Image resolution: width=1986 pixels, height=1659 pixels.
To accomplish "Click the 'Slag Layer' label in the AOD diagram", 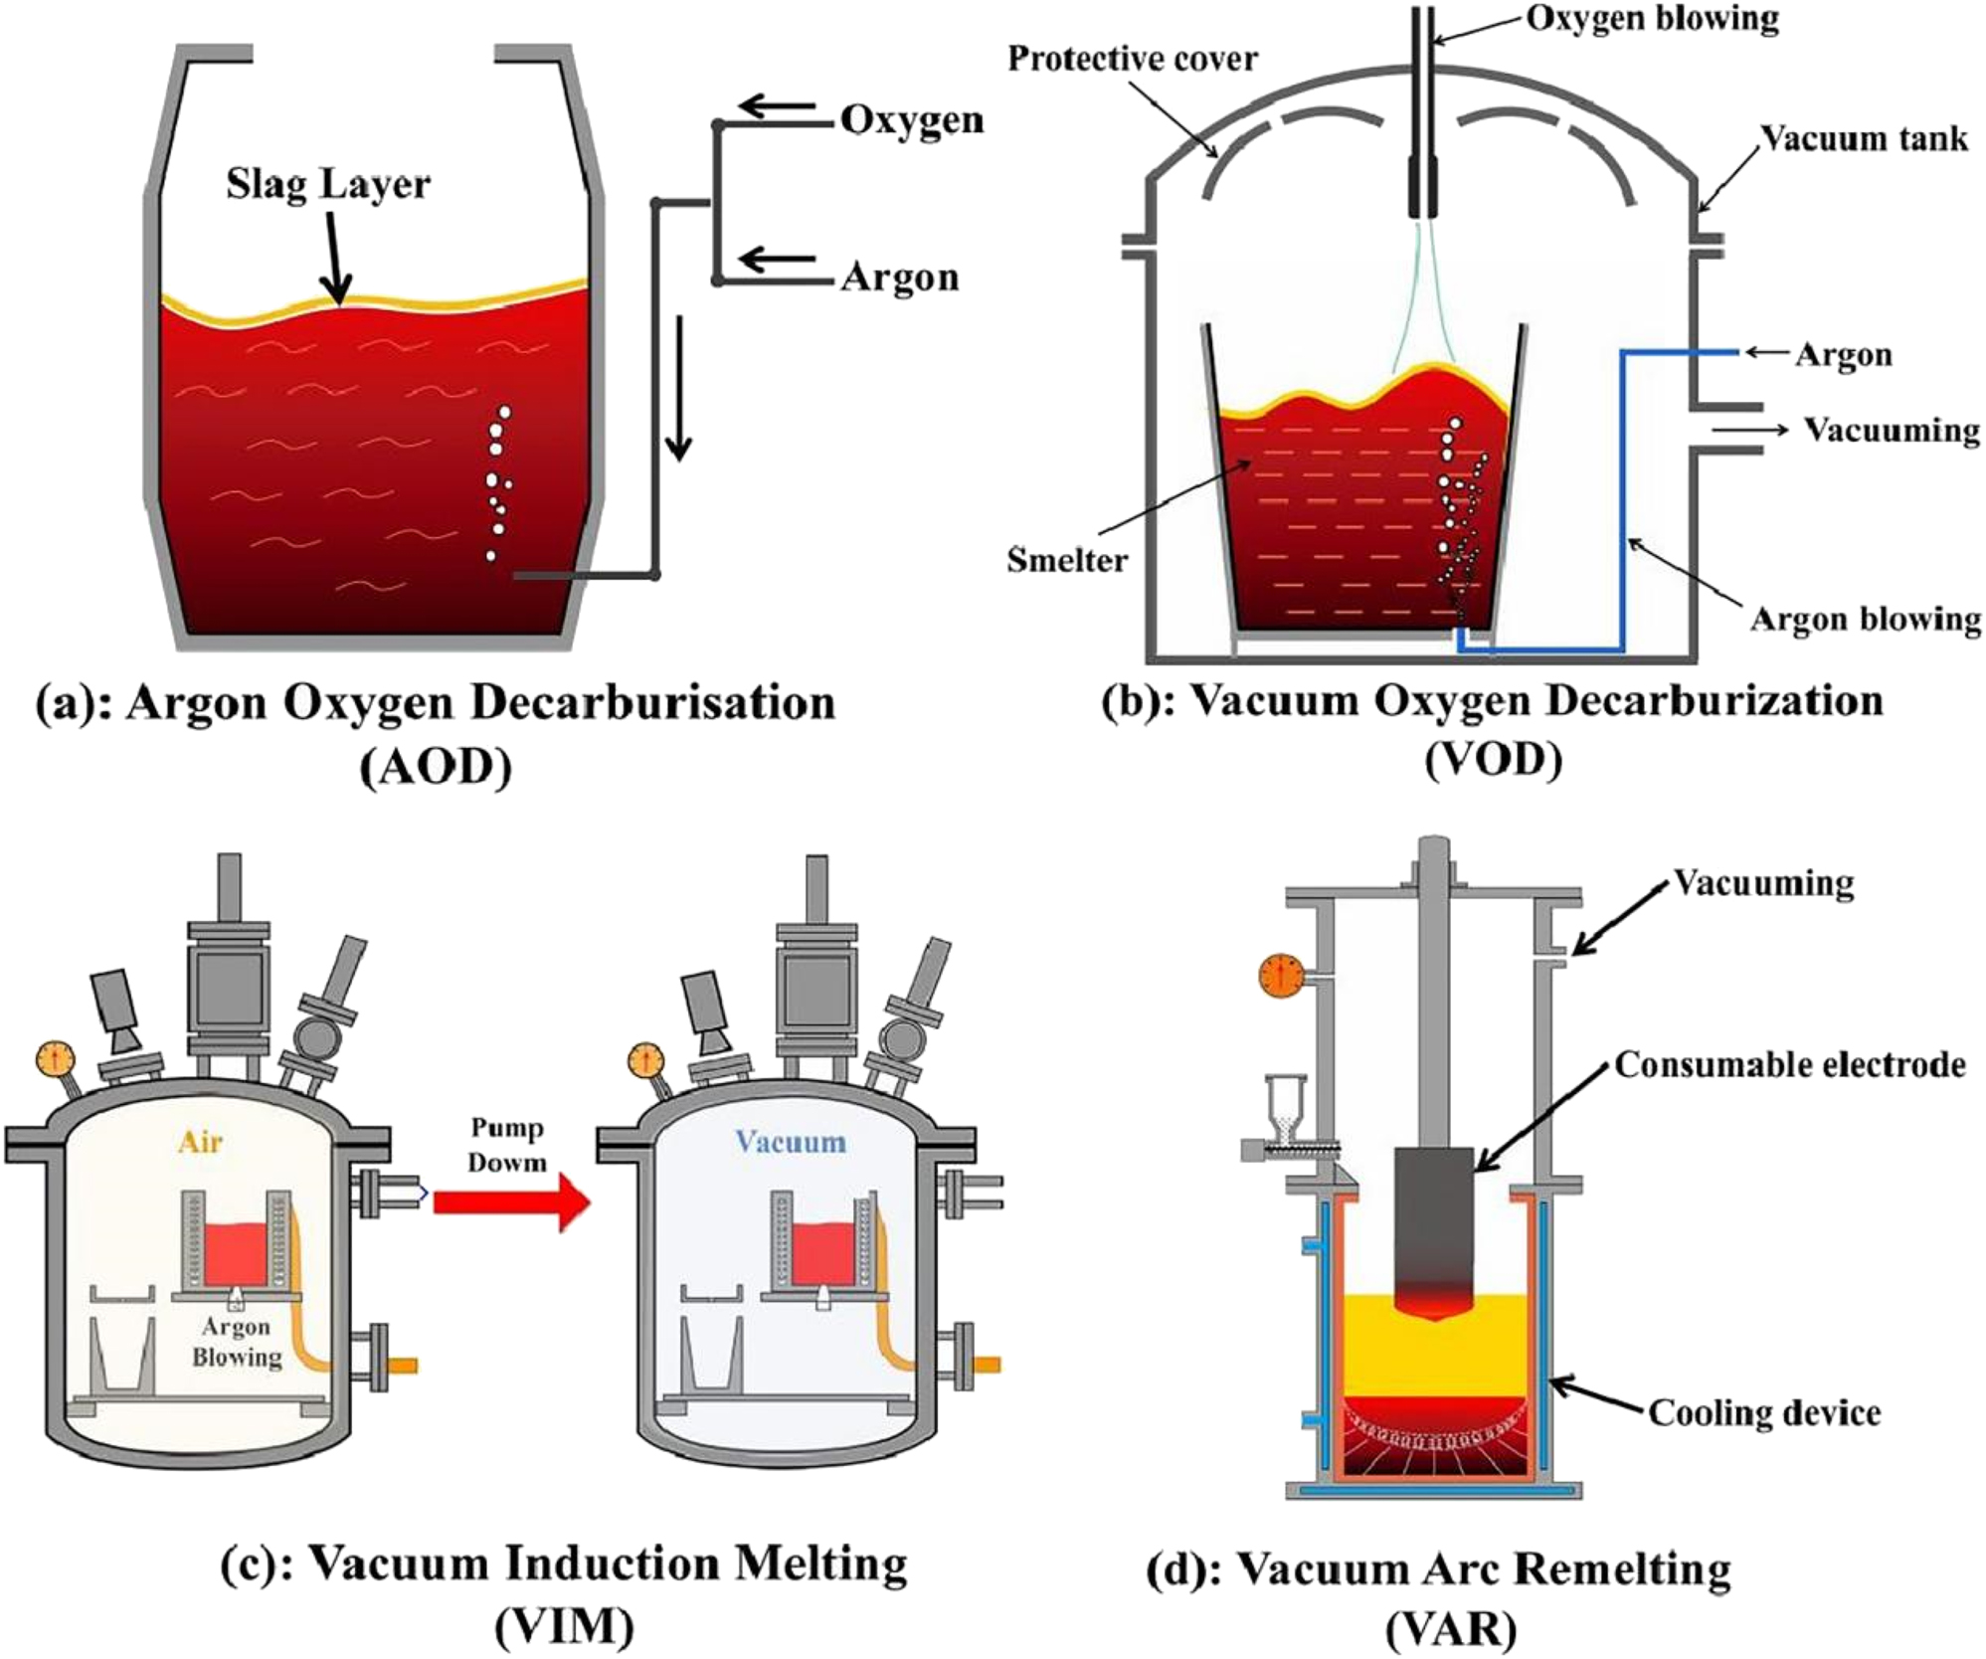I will [x=327, y=185].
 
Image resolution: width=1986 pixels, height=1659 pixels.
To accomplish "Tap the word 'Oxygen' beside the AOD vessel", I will [x=911, y=120].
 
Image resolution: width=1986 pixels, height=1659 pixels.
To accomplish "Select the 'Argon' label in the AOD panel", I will [x=899, y=276].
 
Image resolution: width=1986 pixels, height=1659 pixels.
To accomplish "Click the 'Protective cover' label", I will [x=1132, y=59].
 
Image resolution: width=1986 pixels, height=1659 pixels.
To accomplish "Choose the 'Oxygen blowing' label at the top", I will [x=1652, y=19].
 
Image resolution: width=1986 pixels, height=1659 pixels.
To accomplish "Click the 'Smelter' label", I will [x=1067, y=560].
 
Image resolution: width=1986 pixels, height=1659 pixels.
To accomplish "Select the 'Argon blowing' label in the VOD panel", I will [x=1865, y=619].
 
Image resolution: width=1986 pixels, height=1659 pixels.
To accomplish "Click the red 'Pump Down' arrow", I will [x=511, y=1201].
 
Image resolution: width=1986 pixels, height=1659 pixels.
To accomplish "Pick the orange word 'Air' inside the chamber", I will [x=201, y=1141].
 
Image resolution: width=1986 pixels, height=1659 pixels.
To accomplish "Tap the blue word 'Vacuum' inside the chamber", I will [x=791, y=1141].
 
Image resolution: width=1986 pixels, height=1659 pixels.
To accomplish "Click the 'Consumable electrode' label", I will [x=1789, y=1064].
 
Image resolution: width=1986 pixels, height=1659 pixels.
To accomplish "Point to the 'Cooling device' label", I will [x=1764, y=1412].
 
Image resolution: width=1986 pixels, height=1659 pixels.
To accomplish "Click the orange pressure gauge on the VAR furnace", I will [x=1281, y=975].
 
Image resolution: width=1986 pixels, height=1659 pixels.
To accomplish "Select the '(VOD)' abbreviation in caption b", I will [x=1493, y=760].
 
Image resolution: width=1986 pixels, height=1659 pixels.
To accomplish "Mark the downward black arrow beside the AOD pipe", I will [x=678, y=388].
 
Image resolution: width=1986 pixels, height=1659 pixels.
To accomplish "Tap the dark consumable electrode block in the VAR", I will [x=1433, y=1233].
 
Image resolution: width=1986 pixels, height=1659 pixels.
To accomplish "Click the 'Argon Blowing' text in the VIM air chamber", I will [x=237, y=1342].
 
